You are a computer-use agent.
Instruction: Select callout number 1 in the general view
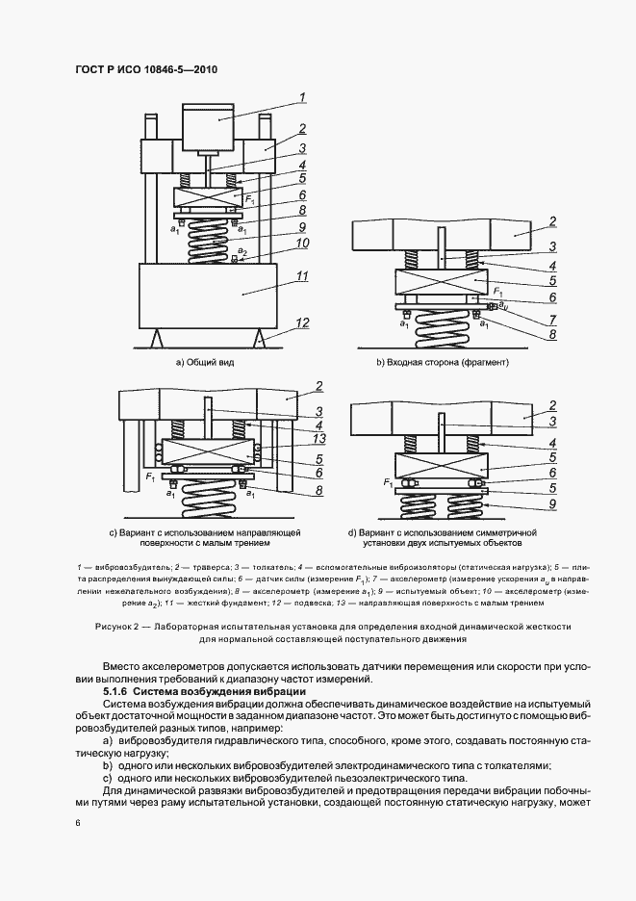[301, 96]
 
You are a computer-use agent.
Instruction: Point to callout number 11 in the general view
[301, 276]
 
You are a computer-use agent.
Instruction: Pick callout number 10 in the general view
[301, 244]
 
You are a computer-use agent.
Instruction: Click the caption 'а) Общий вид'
[204, 362]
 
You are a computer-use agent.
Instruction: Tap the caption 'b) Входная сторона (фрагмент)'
[443, 362]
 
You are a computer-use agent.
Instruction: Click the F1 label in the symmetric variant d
[387, 481]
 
